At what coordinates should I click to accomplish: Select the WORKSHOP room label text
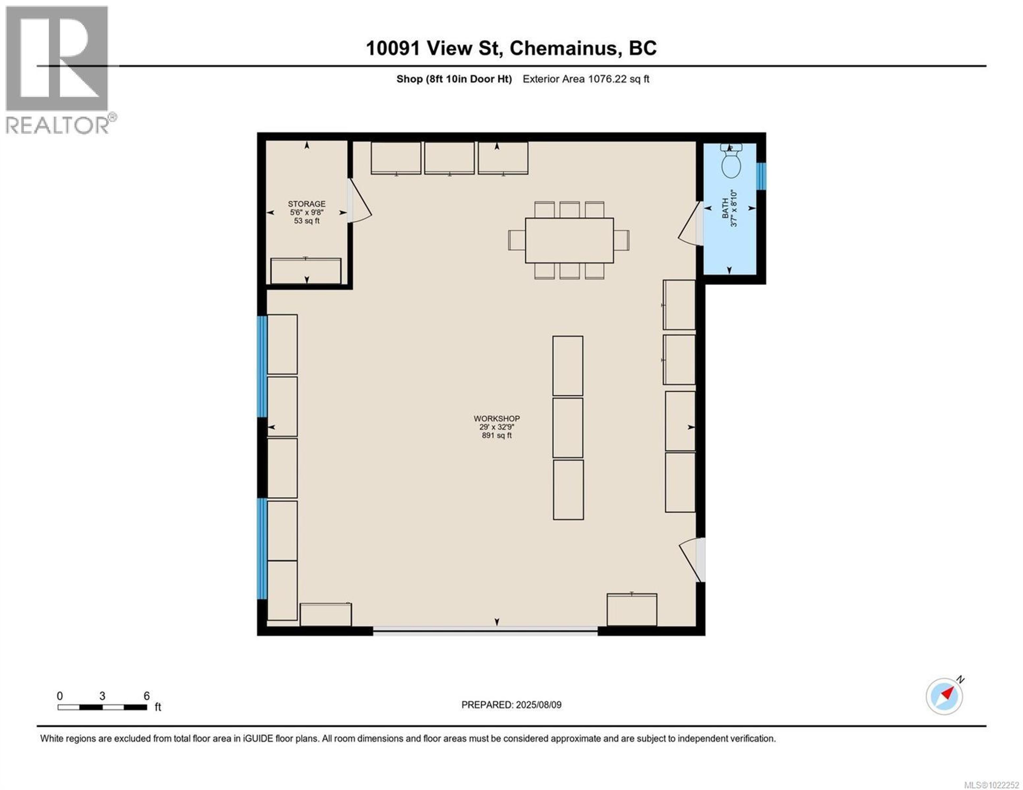(497, 419)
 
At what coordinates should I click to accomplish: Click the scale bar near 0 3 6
(102, 707)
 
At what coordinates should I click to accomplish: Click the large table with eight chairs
(569, 240)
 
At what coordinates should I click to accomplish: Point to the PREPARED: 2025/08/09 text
(511, 705)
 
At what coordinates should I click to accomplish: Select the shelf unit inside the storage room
(306, 271)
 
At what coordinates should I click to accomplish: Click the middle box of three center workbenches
(568, 428)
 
